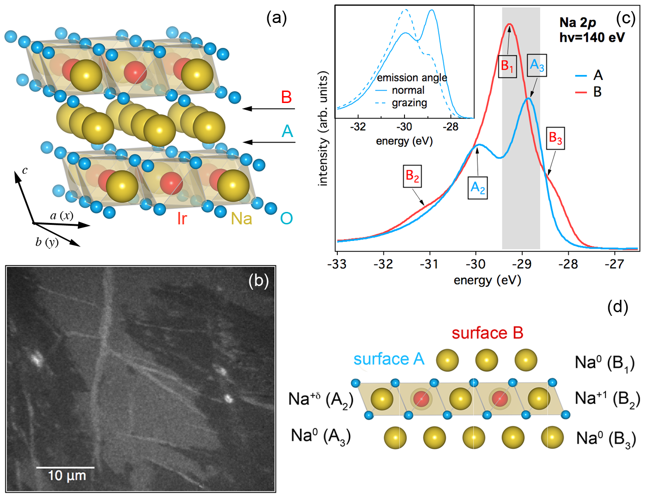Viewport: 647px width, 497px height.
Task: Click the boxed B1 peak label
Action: [x=507, y=66]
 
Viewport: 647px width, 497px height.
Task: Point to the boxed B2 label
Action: [x=412, y=176]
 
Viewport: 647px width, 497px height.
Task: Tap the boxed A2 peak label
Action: [x=478, y=188]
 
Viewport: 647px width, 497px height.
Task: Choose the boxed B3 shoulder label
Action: [x=555, y=138]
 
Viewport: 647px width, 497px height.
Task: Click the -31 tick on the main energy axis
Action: [x=430, y=264]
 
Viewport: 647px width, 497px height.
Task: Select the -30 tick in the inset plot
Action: [x=404, y=127]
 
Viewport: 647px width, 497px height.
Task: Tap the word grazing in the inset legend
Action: [x=409, y=103]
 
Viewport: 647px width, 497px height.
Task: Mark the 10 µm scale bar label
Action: [x=67, y=476]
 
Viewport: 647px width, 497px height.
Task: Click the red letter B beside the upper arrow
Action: [x=286, y=97]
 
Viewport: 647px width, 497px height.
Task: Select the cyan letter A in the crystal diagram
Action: [x=287, y=131]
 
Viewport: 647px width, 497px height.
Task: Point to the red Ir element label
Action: [x=182, y=218]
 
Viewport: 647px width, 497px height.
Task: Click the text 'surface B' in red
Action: [x=487, y=333]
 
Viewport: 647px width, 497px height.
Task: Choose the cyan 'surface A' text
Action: [x=389, y=359]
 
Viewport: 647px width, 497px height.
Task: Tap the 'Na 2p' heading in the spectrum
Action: [x=578, y=23]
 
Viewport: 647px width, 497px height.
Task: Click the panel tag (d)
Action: [x=617, y=307]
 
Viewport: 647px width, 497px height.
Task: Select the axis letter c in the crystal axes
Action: [x=25, y=171]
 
